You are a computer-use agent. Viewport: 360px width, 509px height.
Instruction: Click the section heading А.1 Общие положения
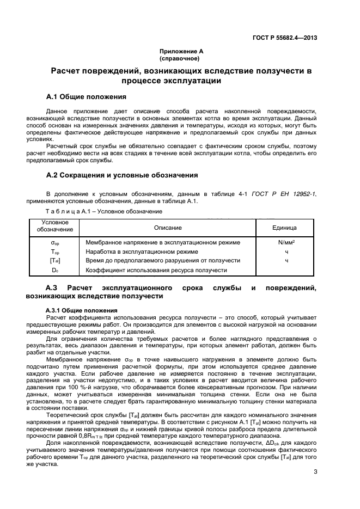tap(86, 97)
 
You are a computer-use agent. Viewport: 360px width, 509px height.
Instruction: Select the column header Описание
tap(168, 228)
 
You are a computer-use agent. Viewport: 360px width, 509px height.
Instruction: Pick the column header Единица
tap(284, 228)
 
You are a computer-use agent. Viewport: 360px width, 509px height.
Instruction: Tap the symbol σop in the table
tap(55, 243)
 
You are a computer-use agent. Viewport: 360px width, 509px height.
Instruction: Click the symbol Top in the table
tap(55, 252)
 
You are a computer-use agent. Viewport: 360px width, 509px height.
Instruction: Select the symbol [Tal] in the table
tap(55, 261)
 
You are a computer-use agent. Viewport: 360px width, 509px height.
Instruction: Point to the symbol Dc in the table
tap(55, 270)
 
